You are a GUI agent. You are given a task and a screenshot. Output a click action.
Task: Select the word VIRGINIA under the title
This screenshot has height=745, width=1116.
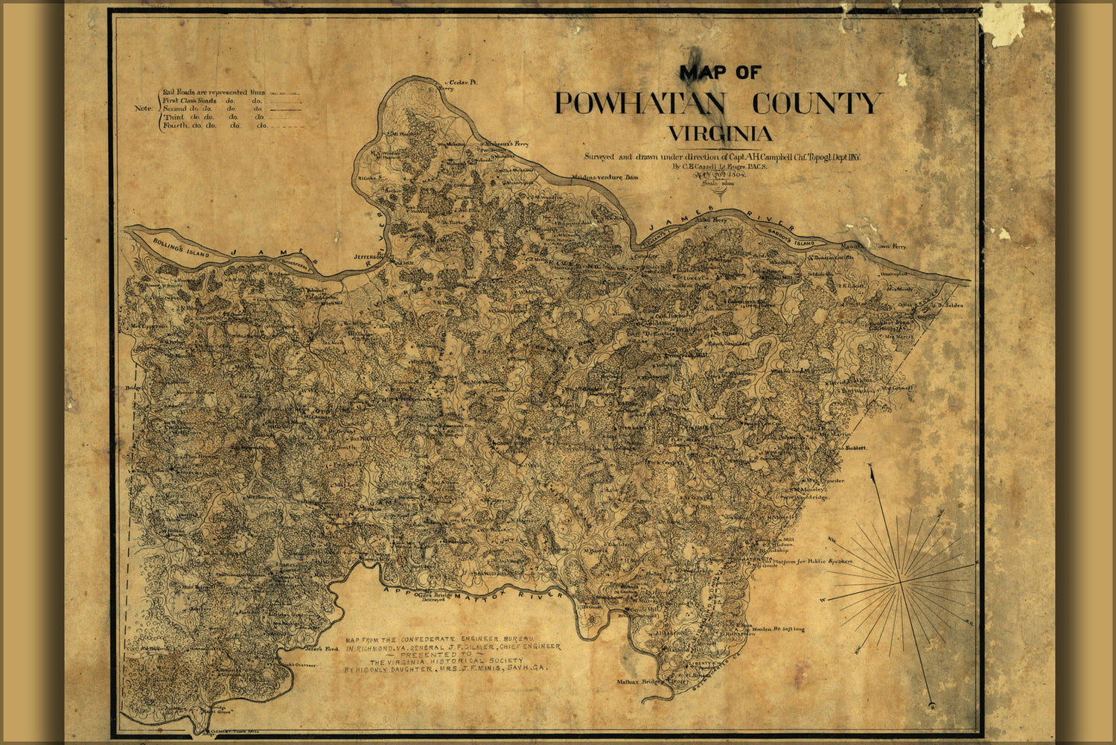pos(720,135)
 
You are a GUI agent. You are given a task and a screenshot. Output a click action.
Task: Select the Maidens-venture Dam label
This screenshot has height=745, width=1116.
pos(605,178)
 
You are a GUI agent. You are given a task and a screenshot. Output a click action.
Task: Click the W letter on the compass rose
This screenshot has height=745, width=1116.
pos(823,600)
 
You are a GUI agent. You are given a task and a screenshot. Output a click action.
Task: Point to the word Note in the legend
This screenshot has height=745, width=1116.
pos(144,108)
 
